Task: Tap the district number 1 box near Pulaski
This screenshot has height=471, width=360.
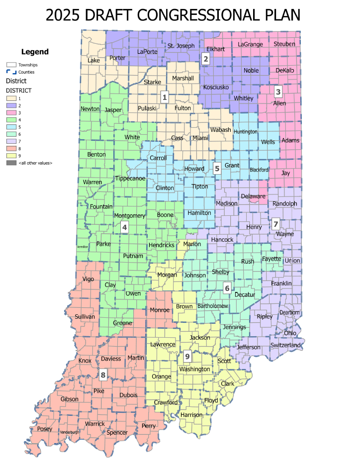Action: click(x=165, y=96)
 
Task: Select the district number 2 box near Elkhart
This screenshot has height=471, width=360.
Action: click(x=206, y=59)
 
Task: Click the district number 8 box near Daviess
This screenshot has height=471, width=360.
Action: click(x=103, y=375)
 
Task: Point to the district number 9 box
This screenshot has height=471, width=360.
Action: click(x=187, y=356)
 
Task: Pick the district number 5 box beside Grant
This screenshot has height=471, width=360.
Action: click(x=217, y=168)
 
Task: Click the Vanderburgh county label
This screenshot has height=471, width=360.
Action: click(x=70, y=432)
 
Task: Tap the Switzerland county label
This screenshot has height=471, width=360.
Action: click(x=286, y=345)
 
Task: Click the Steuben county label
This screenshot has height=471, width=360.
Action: click(x=284, y=44)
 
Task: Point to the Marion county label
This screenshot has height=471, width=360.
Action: click(x=192, y=244)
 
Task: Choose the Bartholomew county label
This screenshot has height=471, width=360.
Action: click(x=212, y=305)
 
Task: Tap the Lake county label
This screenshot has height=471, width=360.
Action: click(x=93, y=60)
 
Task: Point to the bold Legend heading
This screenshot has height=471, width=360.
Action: click(x=35, y=52)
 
